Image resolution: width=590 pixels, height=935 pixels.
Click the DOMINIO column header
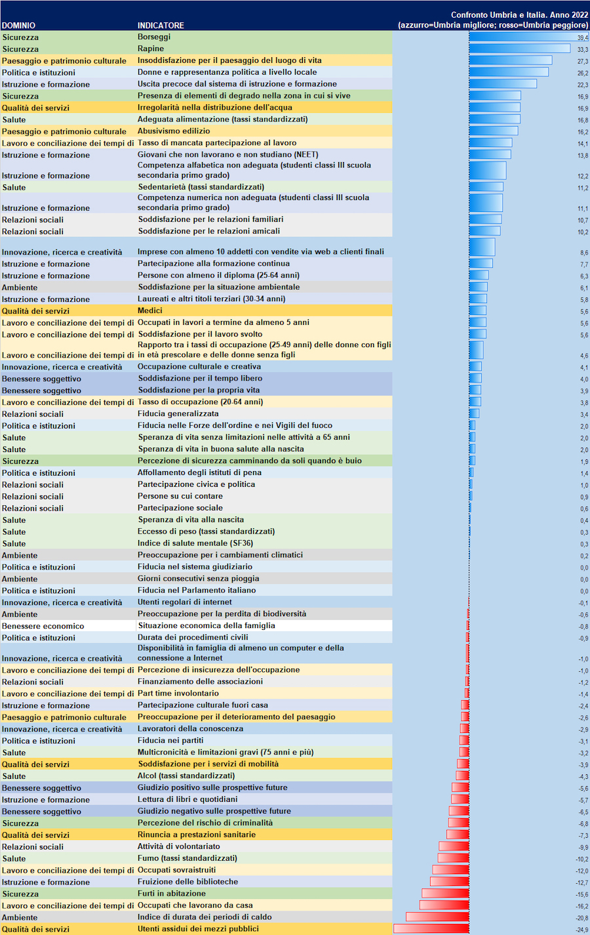[x=19, y=26]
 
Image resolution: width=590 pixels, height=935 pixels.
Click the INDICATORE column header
[x=161, y=26]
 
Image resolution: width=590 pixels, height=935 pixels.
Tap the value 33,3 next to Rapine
[x=582, y=49]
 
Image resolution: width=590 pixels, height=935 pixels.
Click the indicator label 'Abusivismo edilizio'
[x=174, y=131]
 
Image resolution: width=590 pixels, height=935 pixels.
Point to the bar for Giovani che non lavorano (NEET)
[x=490, y=155]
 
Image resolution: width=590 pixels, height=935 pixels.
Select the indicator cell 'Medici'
[x=150, y=310]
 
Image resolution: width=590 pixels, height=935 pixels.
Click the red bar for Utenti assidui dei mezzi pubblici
[x=431, y=928]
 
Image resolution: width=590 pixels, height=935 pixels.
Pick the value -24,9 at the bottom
[x=581, y=930]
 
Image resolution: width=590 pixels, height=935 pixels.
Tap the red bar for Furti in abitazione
[x=445, y=893]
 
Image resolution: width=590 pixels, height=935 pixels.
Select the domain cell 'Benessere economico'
[x=43, y=626]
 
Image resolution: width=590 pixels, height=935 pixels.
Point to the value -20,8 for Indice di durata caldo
[x=581, y=918]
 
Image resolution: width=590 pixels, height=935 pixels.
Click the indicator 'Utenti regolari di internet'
[x=185, y=602]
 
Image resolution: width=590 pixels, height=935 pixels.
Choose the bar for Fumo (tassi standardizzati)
[x=454, y=858]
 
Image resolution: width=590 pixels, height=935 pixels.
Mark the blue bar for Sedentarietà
[x=486, y=187]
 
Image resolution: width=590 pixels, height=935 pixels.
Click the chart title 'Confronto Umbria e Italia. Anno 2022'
[x=519, y=14]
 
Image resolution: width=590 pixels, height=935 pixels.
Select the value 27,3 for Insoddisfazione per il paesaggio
[x=582, y=61]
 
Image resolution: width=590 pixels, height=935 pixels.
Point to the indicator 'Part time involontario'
[x=178, y=693]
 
